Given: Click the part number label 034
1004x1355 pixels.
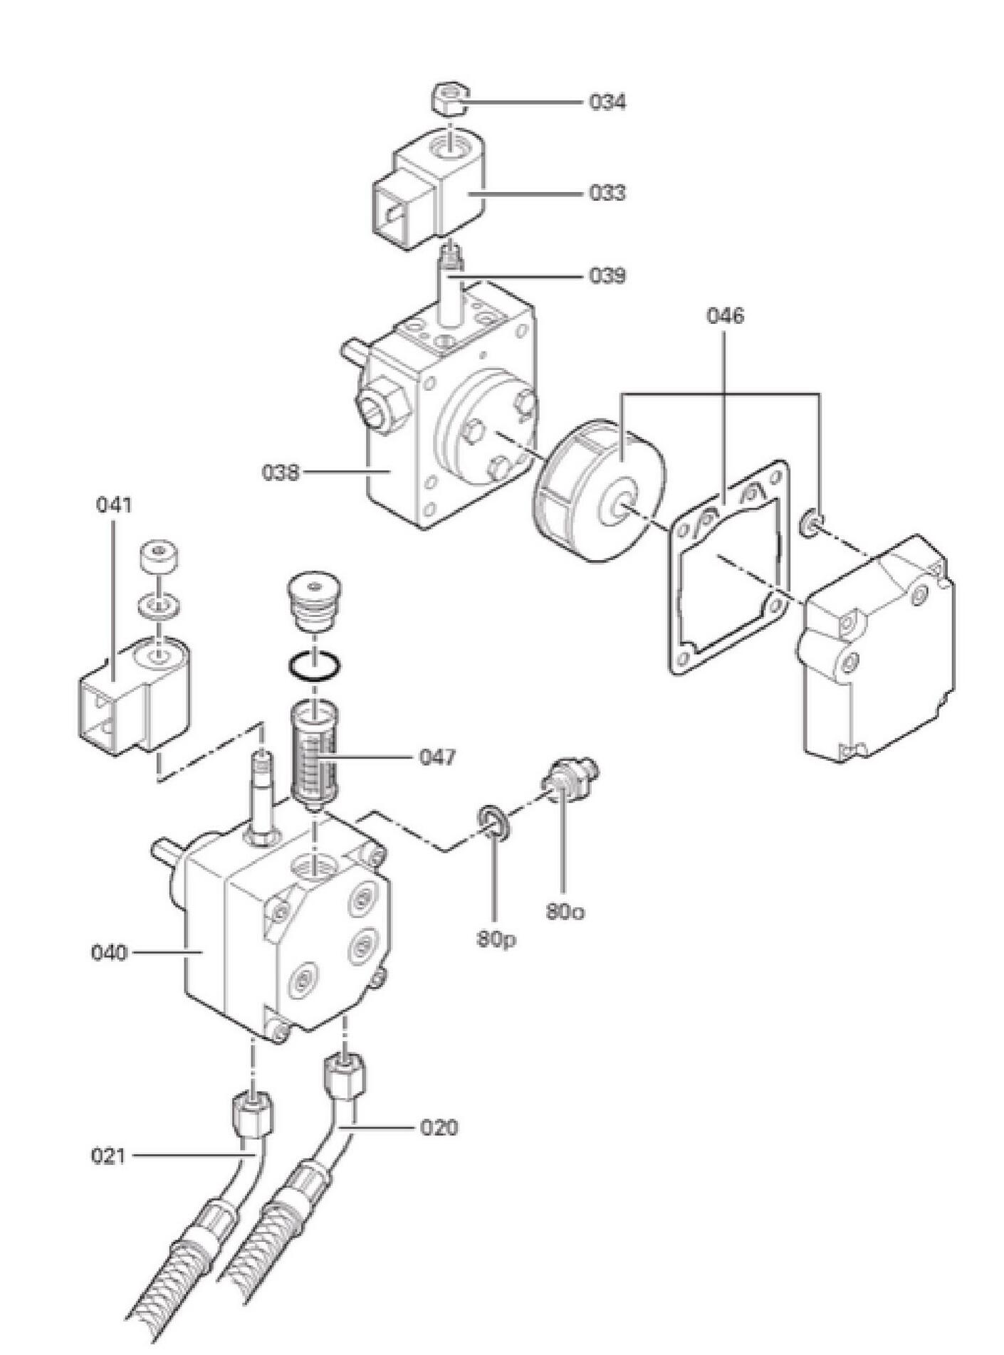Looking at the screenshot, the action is tap(607, 102).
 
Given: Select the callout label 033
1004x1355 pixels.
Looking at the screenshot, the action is tap(607, 193).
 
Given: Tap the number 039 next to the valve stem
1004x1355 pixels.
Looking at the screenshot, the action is tap(607, 275).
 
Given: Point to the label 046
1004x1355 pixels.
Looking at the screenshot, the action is tap(725, 315).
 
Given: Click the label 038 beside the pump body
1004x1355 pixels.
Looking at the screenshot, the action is tap(281, 472).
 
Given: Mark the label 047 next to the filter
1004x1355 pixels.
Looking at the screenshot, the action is tap(436, 757).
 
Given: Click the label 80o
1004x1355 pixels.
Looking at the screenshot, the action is tap(565, 912).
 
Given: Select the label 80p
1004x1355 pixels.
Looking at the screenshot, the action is tap(496, 939).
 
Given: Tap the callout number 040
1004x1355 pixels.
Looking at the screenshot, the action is tap(110, 952).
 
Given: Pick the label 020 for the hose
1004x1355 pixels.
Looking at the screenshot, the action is tap(438, 1127).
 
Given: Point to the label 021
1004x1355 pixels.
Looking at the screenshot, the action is tap(109, 1156).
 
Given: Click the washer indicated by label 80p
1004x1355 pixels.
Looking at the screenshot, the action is tap(493, 821).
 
